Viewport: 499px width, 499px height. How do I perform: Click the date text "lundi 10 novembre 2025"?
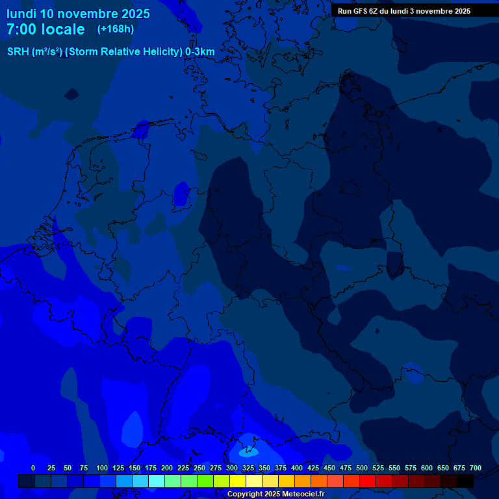(x=78, y=14)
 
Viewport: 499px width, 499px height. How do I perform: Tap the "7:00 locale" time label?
(x=45, y=29)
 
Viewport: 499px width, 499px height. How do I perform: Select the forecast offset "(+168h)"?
(x=116, y=29)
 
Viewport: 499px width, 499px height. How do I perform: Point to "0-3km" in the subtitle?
(x=199, y=51)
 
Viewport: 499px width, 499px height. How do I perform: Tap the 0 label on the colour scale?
(x=33, y=468)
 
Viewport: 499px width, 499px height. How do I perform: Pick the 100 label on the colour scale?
(x=102, y=468)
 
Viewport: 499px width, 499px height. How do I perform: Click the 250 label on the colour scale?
(x=199, y=468)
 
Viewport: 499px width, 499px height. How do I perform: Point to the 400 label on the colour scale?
(x=297, y=468)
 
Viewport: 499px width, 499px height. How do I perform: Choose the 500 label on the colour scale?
(x=362, y=468)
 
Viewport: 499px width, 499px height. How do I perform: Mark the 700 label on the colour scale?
(x=476, y=468)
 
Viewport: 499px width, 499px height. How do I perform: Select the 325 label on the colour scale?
(x=248, y=468)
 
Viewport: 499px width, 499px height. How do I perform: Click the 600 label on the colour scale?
(x=427, y=468)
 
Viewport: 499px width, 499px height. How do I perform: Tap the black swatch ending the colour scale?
(x=465, y=481)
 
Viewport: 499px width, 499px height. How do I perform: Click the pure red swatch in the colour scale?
(x=368, y=481)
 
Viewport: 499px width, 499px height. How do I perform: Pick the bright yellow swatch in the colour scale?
(x=238, y=481)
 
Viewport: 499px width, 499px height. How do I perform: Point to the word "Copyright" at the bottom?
(x=245, y=494)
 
